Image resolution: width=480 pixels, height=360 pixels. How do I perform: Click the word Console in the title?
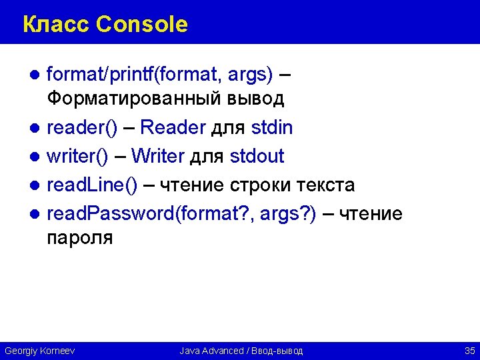pyautogui.click(x=142, y=25)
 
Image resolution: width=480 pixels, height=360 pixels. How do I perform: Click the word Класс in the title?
pyautogui.click(x=56, y=25)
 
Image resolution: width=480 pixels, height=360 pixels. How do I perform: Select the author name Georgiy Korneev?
pyautogui.click(x=39, y=350)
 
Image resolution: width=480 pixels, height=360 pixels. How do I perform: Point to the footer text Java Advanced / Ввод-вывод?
pyautogui.click(x=241, y=350)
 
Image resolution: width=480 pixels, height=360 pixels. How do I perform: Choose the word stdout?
pyautogui.click(x=257, y=156)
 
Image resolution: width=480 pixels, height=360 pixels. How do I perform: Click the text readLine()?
pyautogui.click(x=92, y=185)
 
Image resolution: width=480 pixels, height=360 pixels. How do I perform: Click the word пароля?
pyautogui.click(x=80, y=238)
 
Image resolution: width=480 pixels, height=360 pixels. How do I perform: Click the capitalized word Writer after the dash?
pyautogui.click(x=157, y=156)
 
